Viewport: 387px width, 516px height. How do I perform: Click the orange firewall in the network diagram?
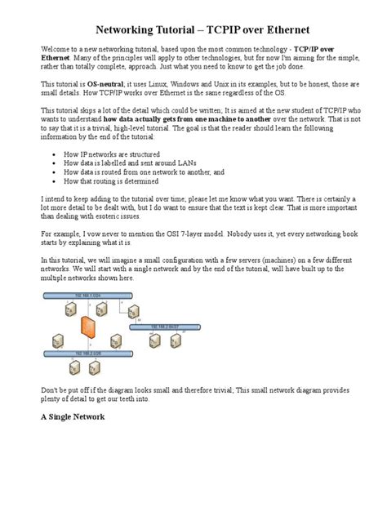click(x=84, y=327)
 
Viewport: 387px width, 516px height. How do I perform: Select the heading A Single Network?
click(x=73, y=416)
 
